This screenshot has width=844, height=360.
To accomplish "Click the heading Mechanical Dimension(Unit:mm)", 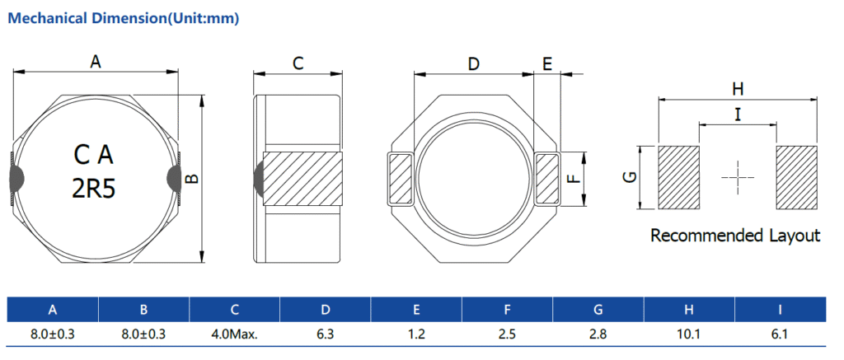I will click(123, 18).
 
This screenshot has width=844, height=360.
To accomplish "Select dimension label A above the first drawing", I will click(96, 61).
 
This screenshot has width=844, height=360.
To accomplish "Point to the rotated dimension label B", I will click(191, 179).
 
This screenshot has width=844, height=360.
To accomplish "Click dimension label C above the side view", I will click(298, 63).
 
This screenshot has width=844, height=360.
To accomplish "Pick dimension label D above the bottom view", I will click(473, 63).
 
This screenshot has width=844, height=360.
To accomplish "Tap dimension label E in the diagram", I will click(547, 63).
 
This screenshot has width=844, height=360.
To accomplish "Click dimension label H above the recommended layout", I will click(738, 88).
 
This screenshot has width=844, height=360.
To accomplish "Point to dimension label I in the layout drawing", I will click(738, 115).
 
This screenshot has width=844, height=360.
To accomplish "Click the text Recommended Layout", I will click(735, 236).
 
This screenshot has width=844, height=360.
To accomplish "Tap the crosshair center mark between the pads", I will click(737, 176).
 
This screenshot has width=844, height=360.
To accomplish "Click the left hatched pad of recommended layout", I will click(678, 176).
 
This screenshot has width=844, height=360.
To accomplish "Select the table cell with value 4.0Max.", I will click(235, 334).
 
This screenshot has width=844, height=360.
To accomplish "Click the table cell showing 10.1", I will click(689, 334).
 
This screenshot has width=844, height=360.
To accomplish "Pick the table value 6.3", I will click(326, 334).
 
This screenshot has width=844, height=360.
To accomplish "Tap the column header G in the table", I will click(598, 310).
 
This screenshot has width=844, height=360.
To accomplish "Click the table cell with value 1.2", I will click(416, 334).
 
